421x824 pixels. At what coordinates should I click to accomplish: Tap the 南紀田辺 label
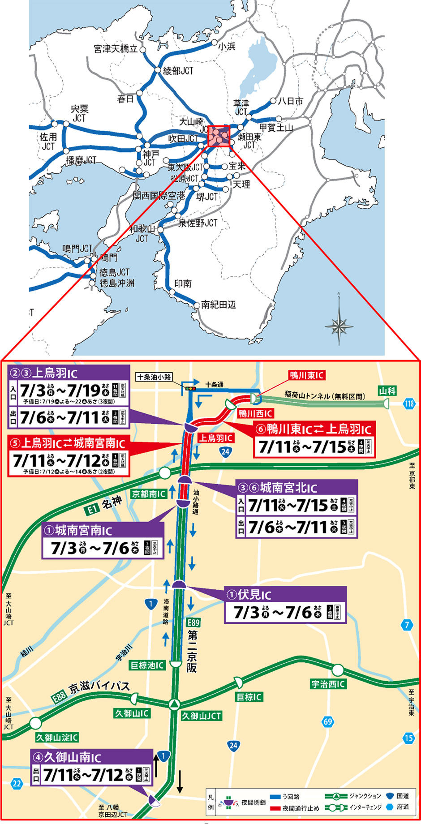[x=218, y=305]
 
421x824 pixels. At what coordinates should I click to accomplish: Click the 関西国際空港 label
[x=159, y=196]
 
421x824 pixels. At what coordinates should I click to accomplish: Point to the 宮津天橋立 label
[x=116, y=49]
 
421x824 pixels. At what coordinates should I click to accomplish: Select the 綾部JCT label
[x=178, y=71]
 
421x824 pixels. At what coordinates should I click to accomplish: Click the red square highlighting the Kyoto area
[x=219, y=136]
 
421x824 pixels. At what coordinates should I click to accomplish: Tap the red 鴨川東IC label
[x=306, y=375]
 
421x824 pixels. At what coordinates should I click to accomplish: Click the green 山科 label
[x=387, y=391]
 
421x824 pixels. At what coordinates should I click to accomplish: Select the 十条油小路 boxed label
[x=154, y=377]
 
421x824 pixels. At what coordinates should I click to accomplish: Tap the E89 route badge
[x=193, y=622]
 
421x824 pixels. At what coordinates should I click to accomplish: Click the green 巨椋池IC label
[x=147, y=665]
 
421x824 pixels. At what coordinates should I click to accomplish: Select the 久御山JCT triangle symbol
[x=174, y=704]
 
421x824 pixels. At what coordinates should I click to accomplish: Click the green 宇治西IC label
[x=328, y=684]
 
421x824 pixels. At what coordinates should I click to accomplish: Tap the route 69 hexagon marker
[x=328, y=721]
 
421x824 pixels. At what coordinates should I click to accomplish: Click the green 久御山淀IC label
[x=57, y=737]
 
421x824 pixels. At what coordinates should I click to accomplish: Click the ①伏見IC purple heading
[x=249, y=595]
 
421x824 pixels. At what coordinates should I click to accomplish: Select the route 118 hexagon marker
[x=409, y=403]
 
